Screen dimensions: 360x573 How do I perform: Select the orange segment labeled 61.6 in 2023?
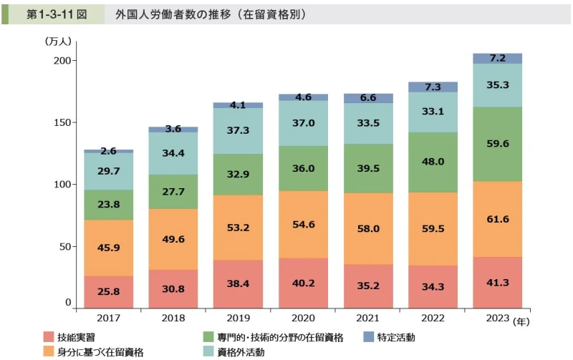pos(497,219)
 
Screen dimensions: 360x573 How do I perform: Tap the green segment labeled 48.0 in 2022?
pos(432,162)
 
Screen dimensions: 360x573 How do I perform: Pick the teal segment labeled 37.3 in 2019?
pos(238,130)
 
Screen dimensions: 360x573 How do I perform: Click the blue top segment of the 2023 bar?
pos(497,59)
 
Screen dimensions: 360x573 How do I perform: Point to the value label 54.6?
pos(303,224)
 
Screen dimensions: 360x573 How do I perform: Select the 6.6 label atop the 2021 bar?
pos(367,97)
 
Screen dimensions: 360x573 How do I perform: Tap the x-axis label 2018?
pos(173,317)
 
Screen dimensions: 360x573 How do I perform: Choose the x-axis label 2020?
pos(303,317)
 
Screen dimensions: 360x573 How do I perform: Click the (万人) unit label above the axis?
pos(59,42)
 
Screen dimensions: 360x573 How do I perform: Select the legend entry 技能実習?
pos(74,336)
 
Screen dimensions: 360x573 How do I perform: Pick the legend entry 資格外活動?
pos(241,351)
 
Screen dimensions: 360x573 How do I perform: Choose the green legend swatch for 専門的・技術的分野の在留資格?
pos(209,336)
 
